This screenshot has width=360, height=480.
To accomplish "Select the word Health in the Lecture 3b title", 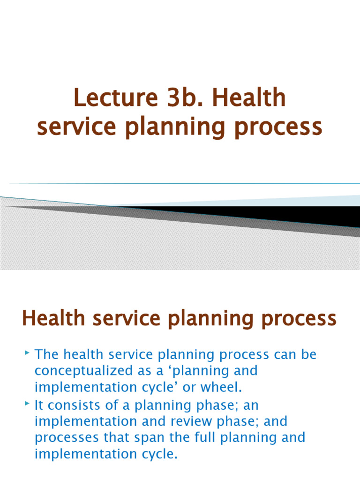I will click(249, 98).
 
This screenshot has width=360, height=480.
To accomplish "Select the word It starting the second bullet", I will click(40, 405).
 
